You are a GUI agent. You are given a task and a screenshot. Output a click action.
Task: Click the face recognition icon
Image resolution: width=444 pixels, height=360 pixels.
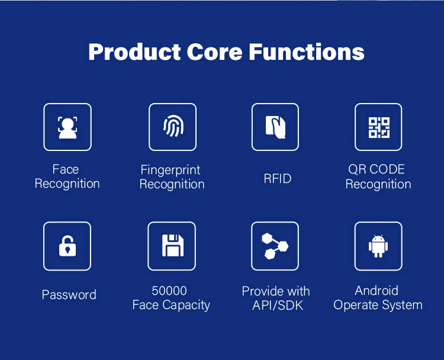pos(67,127)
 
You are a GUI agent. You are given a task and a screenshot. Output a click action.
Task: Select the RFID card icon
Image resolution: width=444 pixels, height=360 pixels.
pos(275,127)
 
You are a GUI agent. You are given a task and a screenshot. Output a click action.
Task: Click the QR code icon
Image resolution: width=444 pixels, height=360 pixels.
pos(378,127)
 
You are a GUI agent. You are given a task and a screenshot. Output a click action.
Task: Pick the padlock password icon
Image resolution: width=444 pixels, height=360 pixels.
pos(67,246)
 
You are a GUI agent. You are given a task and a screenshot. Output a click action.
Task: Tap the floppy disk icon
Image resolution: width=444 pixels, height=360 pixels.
pos(172,246)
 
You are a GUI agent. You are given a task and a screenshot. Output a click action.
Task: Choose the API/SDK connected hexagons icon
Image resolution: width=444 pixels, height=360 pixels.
pos(275,246)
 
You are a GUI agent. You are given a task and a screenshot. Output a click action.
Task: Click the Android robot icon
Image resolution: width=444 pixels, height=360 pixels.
pos(378,246)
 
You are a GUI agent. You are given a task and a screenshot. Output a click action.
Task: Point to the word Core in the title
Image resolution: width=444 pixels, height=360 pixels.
pos(215,52)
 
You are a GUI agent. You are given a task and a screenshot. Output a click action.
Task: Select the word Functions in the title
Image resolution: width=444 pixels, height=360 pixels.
pos(307,52)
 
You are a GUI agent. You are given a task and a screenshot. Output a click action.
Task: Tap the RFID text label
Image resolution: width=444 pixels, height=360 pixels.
pos(278,178)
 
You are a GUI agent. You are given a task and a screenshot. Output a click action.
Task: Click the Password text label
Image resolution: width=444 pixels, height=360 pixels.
pos(69,295)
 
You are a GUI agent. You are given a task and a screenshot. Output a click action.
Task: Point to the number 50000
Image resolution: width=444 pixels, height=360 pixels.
pos(169,291)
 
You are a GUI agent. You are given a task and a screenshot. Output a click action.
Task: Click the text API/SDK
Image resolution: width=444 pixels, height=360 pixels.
pos(276,306)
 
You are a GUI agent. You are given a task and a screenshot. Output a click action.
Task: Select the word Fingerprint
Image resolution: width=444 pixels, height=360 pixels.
pos(170,171)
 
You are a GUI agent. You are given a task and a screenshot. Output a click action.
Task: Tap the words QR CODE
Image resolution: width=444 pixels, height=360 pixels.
pos(377,169)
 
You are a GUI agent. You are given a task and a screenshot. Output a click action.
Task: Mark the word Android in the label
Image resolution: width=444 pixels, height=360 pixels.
pos(377,290)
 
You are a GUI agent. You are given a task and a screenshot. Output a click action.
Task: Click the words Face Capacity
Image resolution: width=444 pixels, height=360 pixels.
pos(171,306)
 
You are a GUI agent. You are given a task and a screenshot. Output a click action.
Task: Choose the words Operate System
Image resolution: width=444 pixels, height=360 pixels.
pos(378,306)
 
